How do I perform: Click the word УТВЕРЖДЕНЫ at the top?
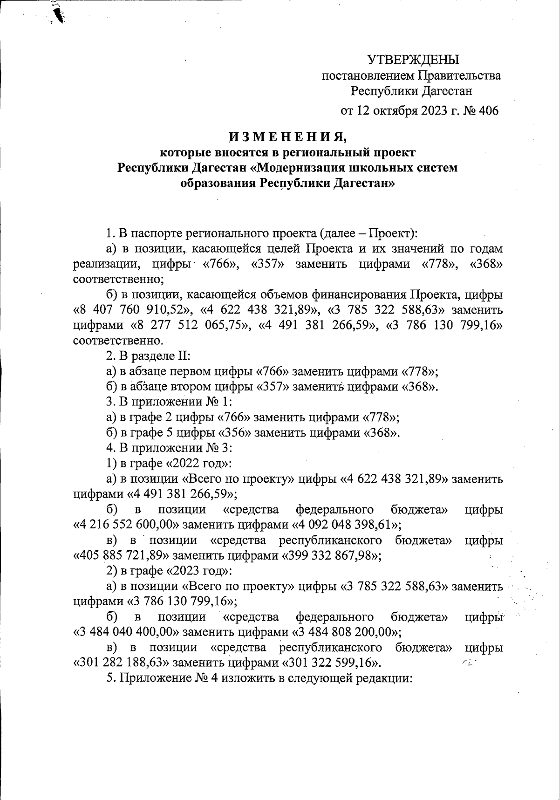point(413,60)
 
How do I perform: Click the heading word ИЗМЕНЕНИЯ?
point(287,137)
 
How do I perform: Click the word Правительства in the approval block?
point(458,75)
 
